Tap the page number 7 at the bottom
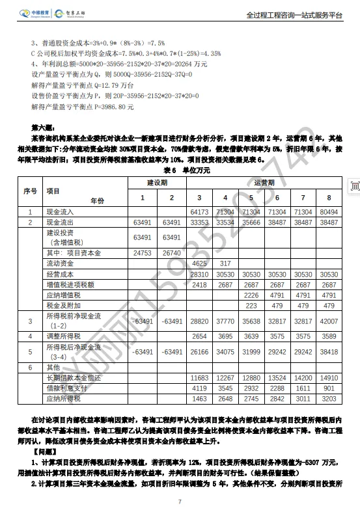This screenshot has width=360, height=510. [x=180, y=502]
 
